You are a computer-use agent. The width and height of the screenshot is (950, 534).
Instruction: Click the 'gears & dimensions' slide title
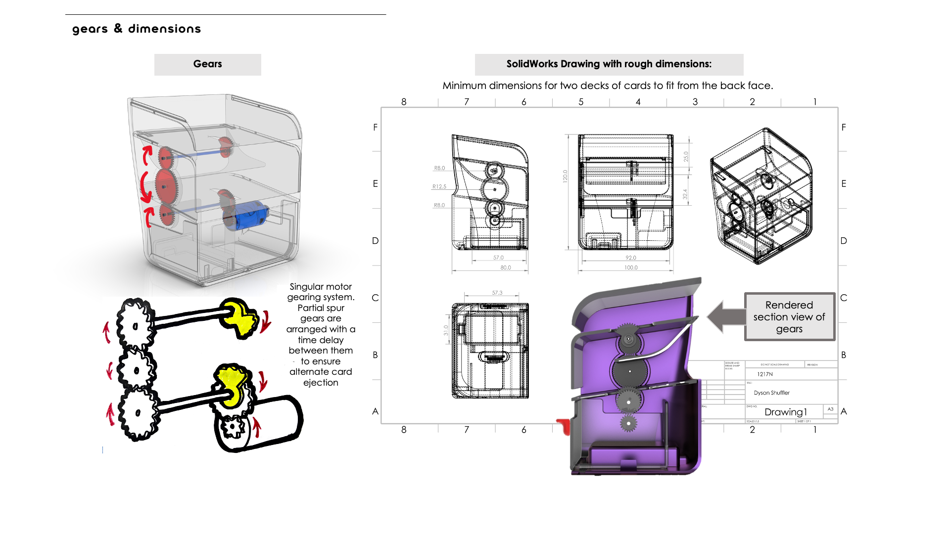137,29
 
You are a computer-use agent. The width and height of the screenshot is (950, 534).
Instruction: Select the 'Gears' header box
207,64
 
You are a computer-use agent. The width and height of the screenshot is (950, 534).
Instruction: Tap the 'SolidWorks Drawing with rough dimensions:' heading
609,64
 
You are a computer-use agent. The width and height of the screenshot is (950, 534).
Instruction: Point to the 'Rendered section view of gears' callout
789,317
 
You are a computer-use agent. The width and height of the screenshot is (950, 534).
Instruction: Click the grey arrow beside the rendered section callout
725,317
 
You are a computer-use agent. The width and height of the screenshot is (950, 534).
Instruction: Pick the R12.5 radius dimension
439,186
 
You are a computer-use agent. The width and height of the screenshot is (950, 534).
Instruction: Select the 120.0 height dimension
565,177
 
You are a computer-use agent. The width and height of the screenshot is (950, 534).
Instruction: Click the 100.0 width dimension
631,267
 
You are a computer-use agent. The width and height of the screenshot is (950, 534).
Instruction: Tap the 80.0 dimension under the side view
506,267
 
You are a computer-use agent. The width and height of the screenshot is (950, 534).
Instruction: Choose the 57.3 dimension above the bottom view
497,293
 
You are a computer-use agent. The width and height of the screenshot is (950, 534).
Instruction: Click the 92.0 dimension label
631,258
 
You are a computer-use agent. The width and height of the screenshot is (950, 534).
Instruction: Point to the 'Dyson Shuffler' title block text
771,393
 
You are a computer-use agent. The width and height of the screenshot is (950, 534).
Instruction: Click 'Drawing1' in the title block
786,412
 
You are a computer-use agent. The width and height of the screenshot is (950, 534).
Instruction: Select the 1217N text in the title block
765,374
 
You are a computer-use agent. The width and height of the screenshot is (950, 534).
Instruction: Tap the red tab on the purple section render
564,426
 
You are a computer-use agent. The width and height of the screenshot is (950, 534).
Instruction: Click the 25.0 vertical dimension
686,157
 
